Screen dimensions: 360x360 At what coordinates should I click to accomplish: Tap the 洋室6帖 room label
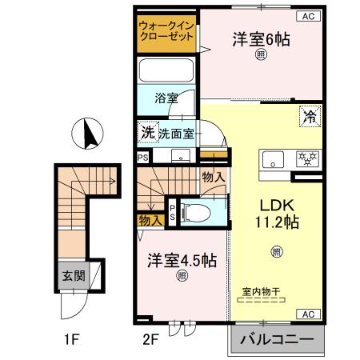(x=261, y=39)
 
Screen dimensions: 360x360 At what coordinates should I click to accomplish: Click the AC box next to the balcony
(x=308, y=314)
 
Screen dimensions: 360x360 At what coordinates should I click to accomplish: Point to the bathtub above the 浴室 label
(x=166, y=70)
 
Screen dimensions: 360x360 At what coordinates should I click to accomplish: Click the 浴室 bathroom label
(x=166, y=98)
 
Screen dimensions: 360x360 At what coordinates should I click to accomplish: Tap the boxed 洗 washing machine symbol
(x=147, y=133)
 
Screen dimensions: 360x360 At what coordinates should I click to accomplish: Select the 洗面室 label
(x=176, y=134)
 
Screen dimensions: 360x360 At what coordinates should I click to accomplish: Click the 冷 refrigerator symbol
(x=310, y=117)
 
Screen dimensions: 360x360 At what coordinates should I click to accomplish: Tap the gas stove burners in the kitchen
(x=305, y=158)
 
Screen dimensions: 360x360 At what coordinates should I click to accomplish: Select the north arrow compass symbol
(x=89, y=134)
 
